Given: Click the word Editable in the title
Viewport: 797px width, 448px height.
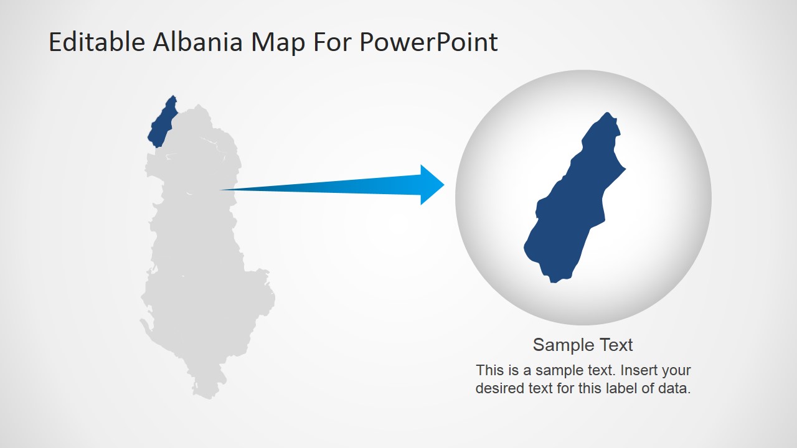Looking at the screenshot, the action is (97, 42).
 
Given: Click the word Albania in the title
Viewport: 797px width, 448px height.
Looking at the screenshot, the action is (198, 42).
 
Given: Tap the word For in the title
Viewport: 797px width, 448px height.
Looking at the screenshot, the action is (332, 42).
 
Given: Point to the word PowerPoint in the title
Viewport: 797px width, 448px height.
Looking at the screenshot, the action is (428, 42).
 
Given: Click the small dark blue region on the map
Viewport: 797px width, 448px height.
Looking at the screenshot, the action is (163, 121).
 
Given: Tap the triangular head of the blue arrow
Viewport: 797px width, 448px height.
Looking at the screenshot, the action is (432, 185).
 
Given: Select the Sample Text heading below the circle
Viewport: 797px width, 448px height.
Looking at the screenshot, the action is (583, 345).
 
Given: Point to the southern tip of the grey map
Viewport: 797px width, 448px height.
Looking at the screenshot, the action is (209, 398).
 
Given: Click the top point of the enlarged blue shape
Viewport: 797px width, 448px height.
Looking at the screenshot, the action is (607, 113).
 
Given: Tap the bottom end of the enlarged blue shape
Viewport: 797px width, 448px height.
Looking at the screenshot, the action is (554, 282).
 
